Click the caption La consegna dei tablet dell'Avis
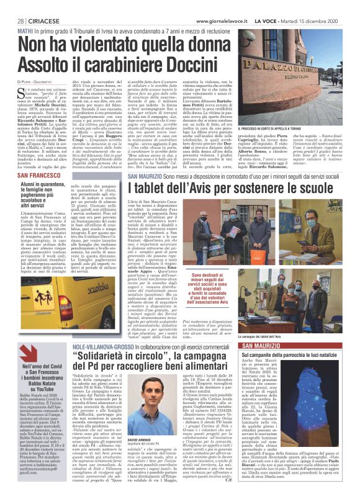(292, 319)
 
